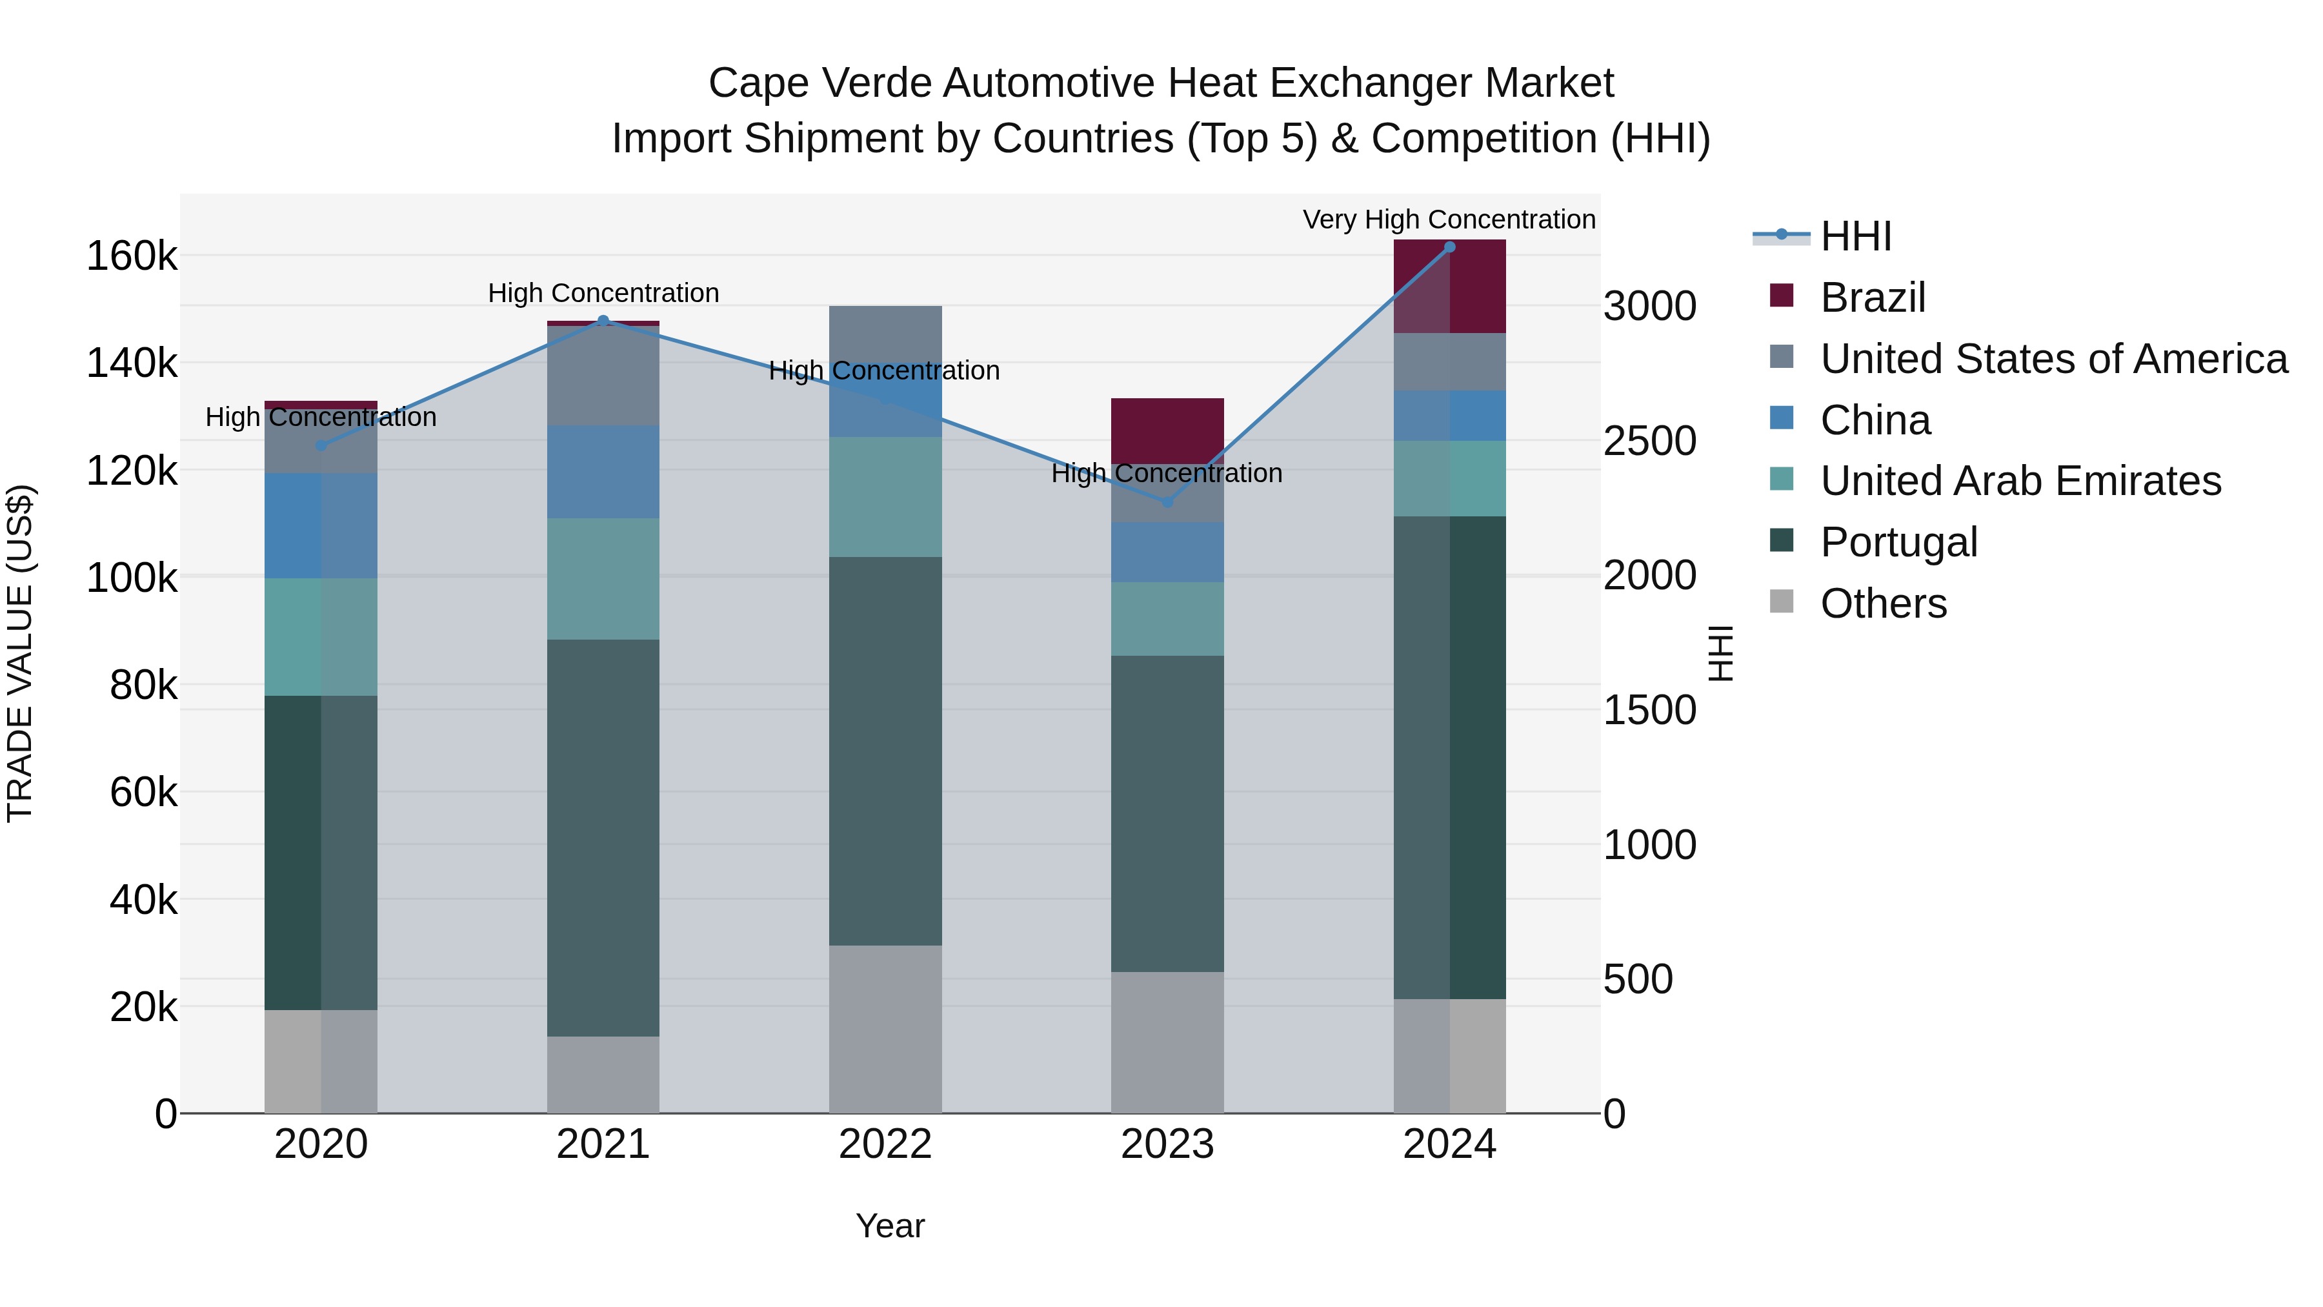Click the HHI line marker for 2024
pyautogui.click(x=1449, y=247)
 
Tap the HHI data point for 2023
pyautogui.click(x=1167, y=502)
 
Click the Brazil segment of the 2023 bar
pyautogui.click(x=1167, y=431)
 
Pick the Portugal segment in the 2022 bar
pyautogui.click(x=885, y=751)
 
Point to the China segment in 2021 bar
pyautogui.click(x=603, y=471)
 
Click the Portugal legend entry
pyautogui.click(x=1898, y=542)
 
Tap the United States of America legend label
pyautogui.click(x=2053, y=359)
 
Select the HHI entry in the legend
pyautogui.click(x=1855, y=236)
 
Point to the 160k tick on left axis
pyautogui.click(x=132, y=256)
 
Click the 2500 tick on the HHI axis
pyautogui.click(x=1649, y=441)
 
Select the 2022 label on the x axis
pyautogui.click(x=885, y=1144)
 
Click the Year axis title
pyautogui.click(x=889, y=1226)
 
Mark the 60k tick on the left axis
pyautogui.click(x=143, y=793)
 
